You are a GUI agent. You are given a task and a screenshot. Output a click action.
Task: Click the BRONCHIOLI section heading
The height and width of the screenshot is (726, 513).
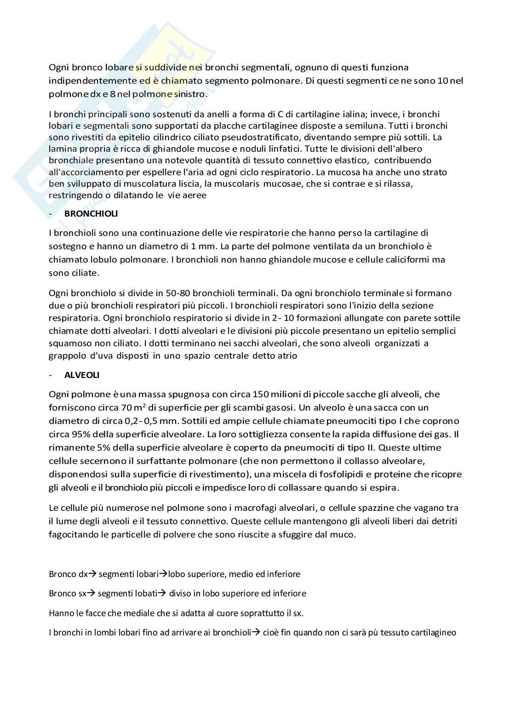click(x=91, y=214)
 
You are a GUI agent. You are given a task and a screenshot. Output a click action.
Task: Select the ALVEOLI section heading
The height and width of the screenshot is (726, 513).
click(x=82, y=375)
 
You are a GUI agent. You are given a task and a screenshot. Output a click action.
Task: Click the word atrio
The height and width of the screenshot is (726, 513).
click(x=287, y=355)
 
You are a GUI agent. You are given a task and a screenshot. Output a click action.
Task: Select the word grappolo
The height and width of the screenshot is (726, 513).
click(x=65, y=355)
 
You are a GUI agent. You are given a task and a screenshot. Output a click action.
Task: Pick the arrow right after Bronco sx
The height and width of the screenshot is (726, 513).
click(x=91, y=593)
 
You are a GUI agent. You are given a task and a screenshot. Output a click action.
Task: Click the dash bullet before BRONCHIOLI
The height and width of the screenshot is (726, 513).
click(x=51, y=214)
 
